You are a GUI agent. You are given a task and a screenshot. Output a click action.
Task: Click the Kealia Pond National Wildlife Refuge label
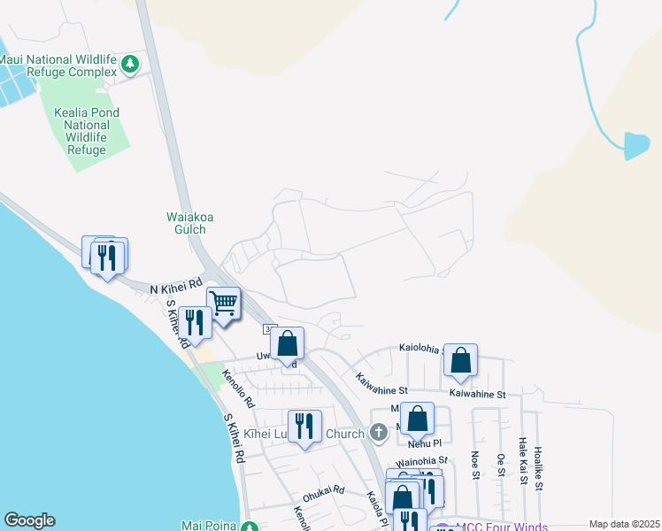pos(87,131)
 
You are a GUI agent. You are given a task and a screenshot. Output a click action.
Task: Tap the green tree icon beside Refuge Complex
pos(131,64)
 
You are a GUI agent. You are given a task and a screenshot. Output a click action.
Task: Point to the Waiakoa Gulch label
pos(186,223)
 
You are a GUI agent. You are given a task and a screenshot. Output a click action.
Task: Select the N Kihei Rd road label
pos(176,289)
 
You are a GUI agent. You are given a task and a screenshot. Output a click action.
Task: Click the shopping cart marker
pos(224,304)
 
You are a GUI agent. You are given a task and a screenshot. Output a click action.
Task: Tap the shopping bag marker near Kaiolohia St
pos(460,359)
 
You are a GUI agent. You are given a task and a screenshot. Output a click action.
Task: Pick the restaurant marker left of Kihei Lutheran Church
pos(304,426)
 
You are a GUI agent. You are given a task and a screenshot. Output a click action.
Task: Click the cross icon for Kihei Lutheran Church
pos(379,434)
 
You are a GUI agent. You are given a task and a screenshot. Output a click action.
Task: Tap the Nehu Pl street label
pos(425,442)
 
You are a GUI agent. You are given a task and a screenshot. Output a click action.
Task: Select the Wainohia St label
pos(422,461)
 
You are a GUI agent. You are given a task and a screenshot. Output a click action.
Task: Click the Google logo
pos(29,521)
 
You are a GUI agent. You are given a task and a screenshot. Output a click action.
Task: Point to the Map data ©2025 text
pos(623,524)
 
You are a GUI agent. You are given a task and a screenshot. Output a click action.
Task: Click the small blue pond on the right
pos(636,145)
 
